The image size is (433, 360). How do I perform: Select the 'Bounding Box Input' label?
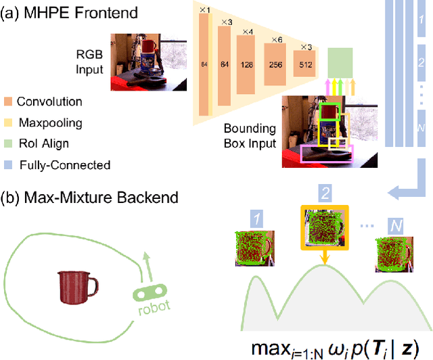pyautogui.click(x=250, y=135)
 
